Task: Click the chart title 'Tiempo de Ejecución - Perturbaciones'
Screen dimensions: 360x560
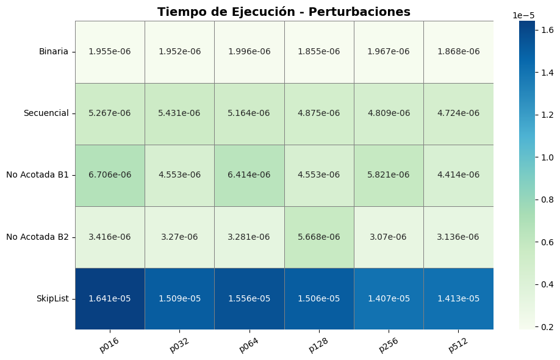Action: pyautogui.click(x=284, y=12)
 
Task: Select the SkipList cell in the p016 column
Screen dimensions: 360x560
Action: pyautogui.click(x=110, y=298)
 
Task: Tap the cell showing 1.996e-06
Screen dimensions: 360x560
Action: pyautogui.click(x=249, y=52)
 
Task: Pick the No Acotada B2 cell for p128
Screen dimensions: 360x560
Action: pyautogui.click(x=318, y=237)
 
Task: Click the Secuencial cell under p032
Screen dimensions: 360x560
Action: pyautogui.click(x=179, y=113)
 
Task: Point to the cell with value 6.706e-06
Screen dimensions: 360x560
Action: pyautogui.click(x=110, y=175)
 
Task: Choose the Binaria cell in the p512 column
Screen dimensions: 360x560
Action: pyautogui.click(x=458, y=52)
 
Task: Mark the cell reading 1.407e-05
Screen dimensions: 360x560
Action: pyautogui.click(x=389, y=298)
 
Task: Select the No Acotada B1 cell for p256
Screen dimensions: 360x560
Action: pyautogui.click(x=389, y=175)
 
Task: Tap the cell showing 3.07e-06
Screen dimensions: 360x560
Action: pyautogui.click(x=389, y=237)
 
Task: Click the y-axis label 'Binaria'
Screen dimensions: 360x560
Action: pyautogui.click(x=54, y=52)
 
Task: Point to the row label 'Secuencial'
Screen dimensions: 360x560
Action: pyautogui.click(x=46, y=113)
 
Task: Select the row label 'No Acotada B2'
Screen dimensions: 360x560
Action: pyautogui.click(x=37, y=237)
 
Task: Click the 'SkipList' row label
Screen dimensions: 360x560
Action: pyautogui.click(x=52, y=298)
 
